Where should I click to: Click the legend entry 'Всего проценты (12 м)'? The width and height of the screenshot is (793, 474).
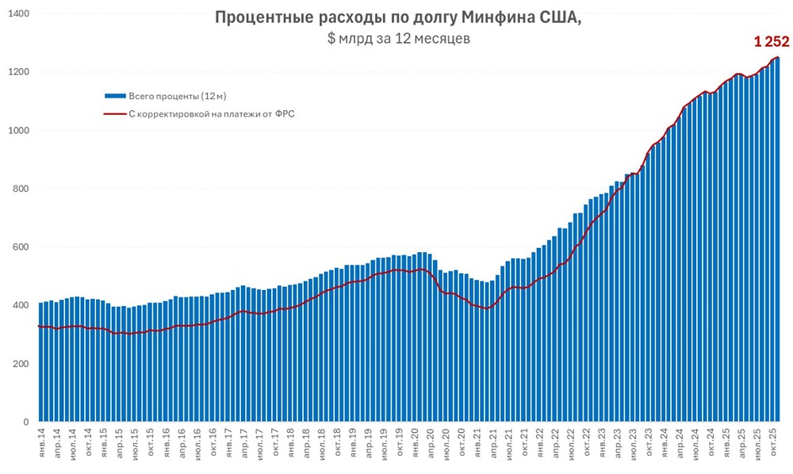pos(178,96)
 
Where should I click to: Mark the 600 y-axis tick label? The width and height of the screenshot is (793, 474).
pos(20,247)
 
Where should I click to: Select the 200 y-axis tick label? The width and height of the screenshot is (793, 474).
pos(20,364)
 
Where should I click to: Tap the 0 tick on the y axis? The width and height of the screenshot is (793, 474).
pos(26,422)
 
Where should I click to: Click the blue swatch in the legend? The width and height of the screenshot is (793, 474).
pos(115,96)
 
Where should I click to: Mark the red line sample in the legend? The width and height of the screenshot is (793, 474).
pos(115,114)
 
